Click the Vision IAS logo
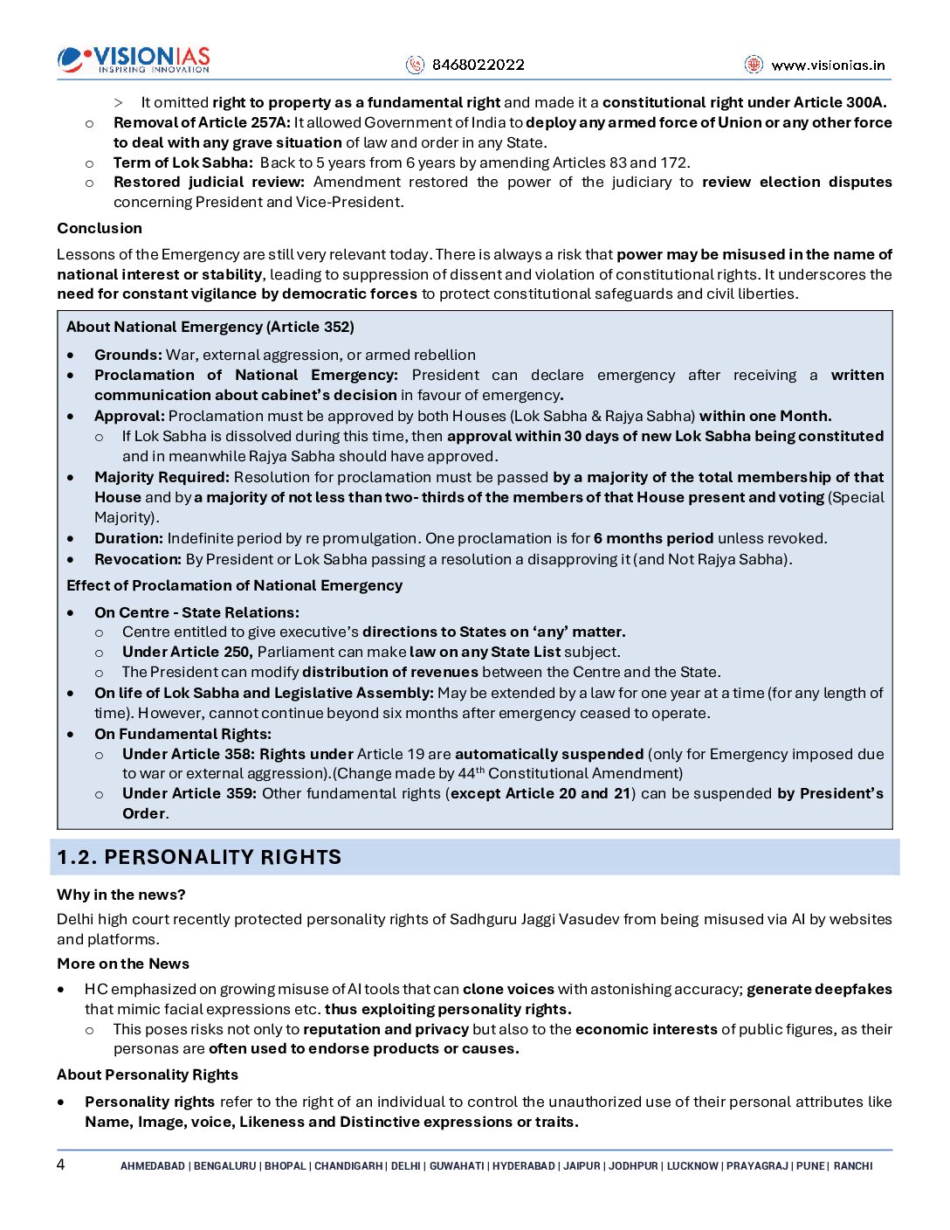134,59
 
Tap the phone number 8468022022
478,65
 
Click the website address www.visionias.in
827,65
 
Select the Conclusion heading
100,228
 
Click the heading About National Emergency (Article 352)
210,327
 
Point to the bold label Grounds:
128,355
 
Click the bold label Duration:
128,538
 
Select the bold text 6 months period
653,538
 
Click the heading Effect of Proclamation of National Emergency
234,585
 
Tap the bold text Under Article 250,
188,652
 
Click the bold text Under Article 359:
189,793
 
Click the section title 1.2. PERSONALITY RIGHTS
199,857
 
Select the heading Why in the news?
121,895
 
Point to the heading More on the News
123,964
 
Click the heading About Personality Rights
148,1075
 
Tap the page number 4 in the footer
61,1164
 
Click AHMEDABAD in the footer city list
153,1166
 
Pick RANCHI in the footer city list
853,1166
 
